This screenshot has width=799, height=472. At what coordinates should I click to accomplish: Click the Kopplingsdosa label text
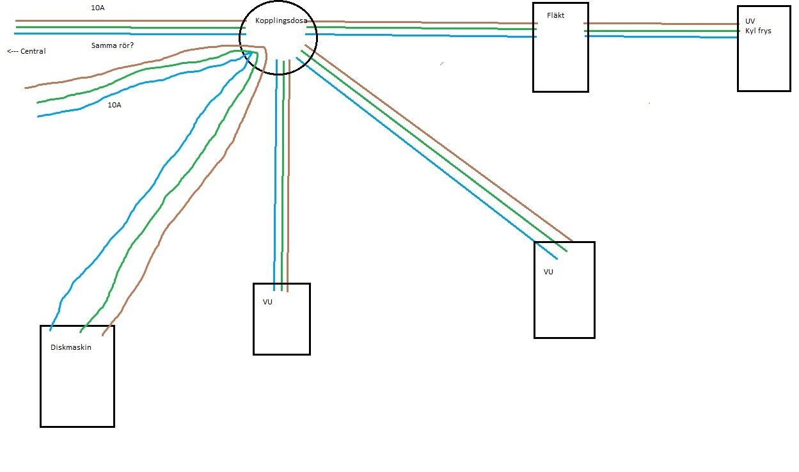coord(281,21)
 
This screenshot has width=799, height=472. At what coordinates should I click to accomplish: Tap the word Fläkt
coord(555,15)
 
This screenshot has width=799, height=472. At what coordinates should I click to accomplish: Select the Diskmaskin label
coord(70,347)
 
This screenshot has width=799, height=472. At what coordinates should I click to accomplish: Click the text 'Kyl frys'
coord(758,31)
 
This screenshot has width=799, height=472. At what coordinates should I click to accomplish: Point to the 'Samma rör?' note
coord(113,45)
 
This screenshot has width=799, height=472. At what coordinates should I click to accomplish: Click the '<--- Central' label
coord(26,51)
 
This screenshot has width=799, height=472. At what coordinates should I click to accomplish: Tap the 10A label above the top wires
coord(98,8)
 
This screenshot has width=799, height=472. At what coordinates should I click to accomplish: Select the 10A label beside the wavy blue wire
coord(115,105)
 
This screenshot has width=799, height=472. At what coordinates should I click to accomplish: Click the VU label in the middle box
coord(267,302)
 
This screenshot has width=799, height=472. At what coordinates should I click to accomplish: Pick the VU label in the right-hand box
coord(548,272)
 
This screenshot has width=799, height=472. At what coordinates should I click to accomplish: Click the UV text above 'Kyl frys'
coord(750,21)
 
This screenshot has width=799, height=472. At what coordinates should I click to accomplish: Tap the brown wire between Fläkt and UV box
coord(661,24)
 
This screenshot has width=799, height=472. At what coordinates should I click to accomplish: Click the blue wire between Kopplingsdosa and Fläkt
coord(421,35)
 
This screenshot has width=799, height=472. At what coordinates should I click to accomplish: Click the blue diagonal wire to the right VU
coord(426,158)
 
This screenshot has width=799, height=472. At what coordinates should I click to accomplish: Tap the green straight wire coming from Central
coord(131,28)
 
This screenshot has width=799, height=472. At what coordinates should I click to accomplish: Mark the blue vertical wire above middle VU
coord(275,175)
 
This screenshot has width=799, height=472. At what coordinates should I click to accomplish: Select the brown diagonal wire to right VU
coord(439,143)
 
